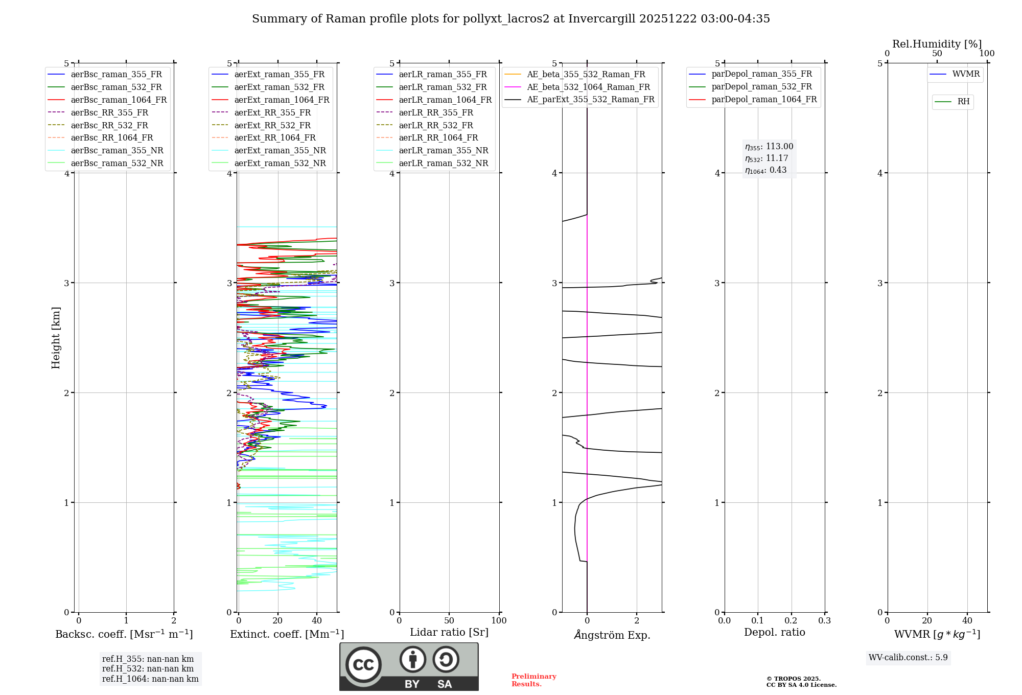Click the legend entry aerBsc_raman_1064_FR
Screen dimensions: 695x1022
coord(119,100)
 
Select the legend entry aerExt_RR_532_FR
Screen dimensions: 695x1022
coord(272,125)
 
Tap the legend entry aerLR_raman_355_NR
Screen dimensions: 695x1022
coord(444,150)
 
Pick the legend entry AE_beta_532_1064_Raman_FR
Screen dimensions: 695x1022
coord(588,87)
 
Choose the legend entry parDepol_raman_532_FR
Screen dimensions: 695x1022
coord(761,87)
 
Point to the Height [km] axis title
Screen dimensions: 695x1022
coord(56,338)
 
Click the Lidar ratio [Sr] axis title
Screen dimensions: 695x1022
coord(449,632)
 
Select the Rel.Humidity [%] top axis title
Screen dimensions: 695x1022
coord(937,44)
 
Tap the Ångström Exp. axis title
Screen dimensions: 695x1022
coord(612,635)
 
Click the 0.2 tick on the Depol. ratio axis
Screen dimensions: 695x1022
coord(792,620)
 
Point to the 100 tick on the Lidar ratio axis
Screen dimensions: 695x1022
coord(499,620)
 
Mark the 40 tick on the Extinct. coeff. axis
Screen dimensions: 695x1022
coord(317,620)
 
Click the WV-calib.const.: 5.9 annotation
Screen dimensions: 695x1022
coord(908,657)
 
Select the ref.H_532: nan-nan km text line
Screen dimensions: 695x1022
coord(148,668)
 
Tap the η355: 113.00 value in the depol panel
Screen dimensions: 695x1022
coord(769,147)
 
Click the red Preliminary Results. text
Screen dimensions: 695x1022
coord(533,680)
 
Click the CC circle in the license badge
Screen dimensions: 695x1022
coord(363,664)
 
